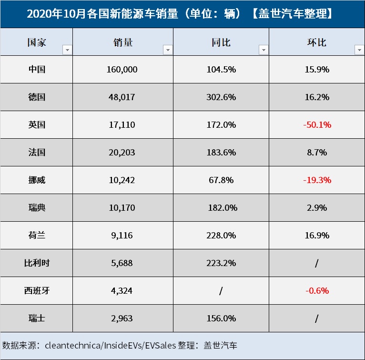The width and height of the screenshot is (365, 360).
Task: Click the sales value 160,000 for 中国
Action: (x=122, y=70)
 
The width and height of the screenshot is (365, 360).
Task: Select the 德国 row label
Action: (x=37, y=97)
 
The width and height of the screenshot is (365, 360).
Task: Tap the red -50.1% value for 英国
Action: (x=317, y=125)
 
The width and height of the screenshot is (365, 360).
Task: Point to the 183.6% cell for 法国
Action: (x=221, y=153)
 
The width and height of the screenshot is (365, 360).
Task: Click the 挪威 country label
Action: (x=37, y=180)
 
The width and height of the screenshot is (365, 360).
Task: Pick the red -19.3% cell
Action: (x=317, y=180)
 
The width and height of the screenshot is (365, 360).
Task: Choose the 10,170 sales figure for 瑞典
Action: (x=122, y=208)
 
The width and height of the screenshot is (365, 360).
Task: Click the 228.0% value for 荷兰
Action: (x=221, y=236)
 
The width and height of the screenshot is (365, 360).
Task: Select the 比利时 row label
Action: (x=37, y=263)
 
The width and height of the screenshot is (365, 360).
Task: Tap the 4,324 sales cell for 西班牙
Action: (x=122, y=290)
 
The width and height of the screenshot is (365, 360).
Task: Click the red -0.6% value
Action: (x=317, y=290)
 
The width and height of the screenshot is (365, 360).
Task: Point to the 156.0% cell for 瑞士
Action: (x=221, y=318)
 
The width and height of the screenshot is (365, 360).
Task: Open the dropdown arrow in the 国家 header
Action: (x=67, y=50)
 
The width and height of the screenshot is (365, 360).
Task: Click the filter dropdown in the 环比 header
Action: (x=359, y=50)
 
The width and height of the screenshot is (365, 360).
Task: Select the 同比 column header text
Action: (x=221, y=42)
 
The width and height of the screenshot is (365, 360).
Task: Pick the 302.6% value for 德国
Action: (x=221, y=97)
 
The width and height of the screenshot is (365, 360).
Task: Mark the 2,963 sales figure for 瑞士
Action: (x=122, y=318)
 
